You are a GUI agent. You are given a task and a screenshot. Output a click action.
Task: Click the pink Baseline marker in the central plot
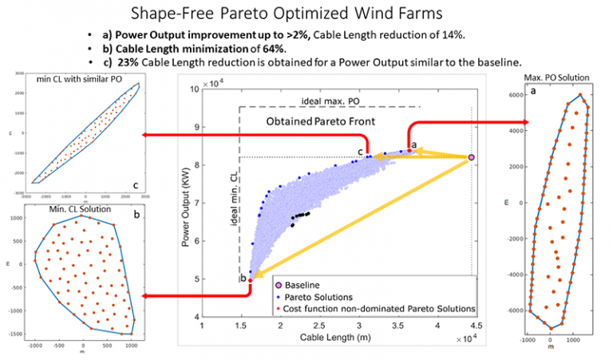click(x=472, y=158)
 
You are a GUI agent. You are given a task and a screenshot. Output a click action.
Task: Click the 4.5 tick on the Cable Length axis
click(x=474, y=326)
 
